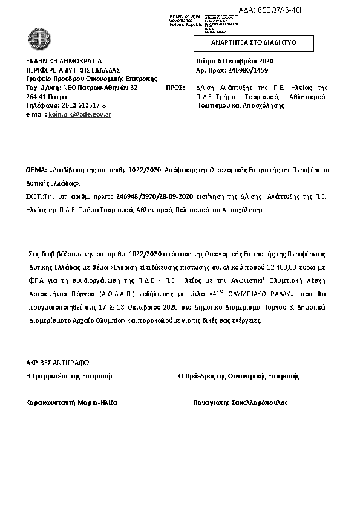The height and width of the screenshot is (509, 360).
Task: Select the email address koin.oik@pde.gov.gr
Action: [x=79, y=114]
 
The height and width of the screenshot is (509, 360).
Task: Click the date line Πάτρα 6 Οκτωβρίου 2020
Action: [x=235, y=62]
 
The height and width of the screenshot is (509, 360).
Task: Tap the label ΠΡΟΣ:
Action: [x=175, y=88]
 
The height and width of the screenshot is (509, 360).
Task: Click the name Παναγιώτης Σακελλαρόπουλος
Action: [x=240, y=402]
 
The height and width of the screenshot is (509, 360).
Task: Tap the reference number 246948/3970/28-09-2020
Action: [x=152, y=196]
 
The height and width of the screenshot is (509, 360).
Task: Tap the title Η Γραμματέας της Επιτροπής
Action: [x=70, y=375]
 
